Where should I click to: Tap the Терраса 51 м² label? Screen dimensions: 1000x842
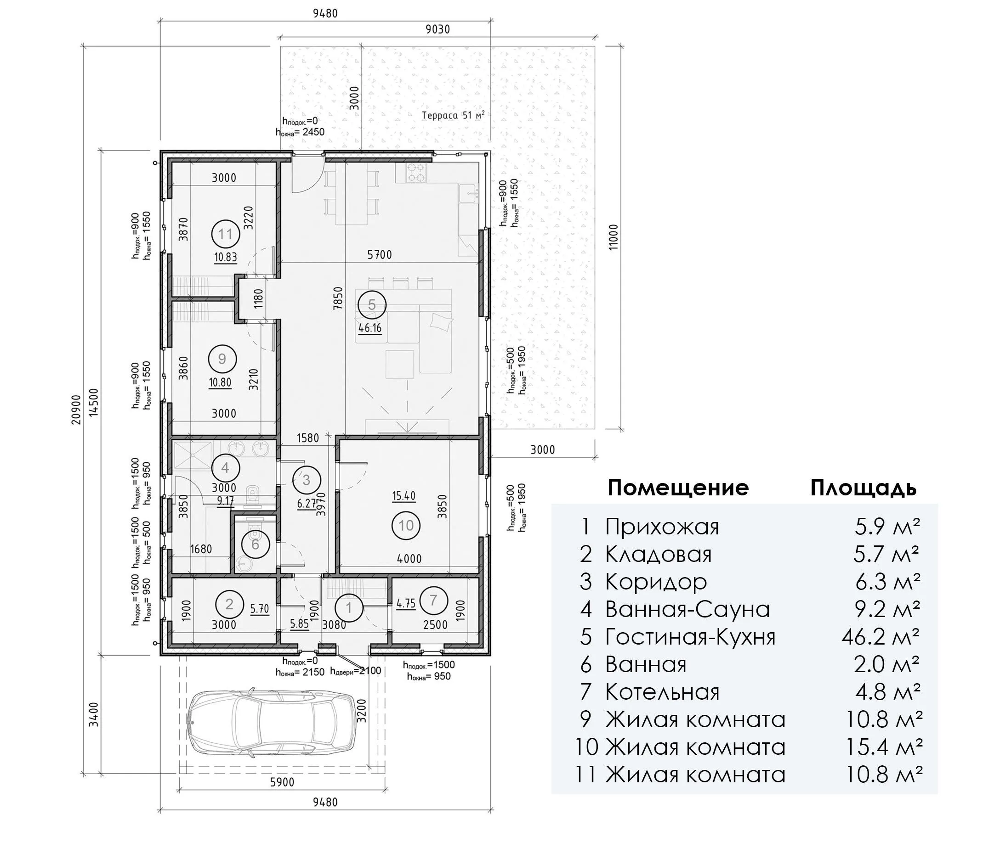tap(454, 115)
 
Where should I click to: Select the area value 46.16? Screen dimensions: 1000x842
tap(370, 328)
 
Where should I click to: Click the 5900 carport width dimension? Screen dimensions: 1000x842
tap(282, 782)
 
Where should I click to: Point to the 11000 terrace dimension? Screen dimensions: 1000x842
tap(614, 237)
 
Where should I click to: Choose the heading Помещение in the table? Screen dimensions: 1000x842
tap(678, 488)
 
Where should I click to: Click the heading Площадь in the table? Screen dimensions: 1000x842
tap(864, 488)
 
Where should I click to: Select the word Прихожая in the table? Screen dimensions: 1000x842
tap(662, 527)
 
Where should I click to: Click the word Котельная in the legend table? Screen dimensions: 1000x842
tap(662, 692)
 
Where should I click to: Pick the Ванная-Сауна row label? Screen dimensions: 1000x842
tap(687, 610)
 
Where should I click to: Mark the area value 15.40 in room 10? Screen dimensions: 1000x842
tap(404, 496)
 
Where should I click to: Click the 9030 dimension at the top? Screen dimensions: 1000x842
tap(437, 29)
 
